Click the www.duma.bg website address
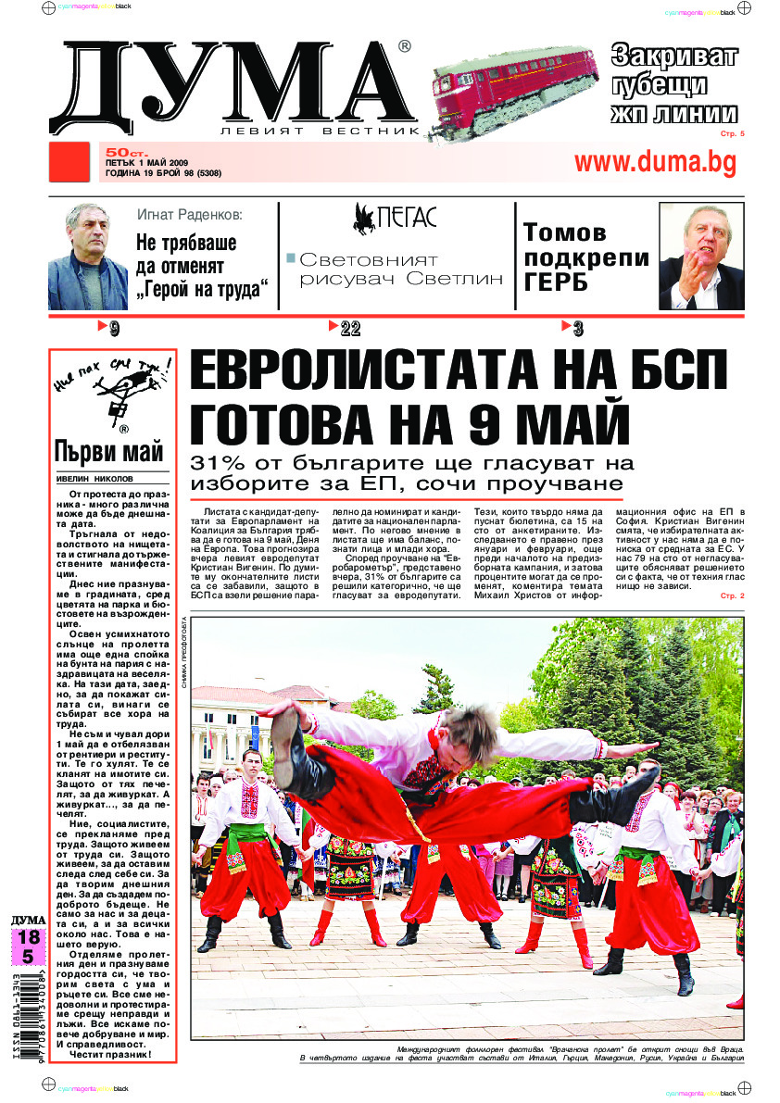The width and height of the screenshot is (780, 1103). click(655, 162)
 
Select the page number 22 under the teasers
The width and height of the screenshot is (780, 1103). click(349, 328)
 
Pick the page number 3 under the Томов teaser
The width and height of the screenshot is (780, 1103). click(577, 328)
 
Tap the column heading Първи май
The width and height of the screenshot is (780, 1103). click(108, 453)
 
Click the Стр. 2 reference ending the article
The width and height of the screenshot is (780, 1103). click(731, 595)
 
